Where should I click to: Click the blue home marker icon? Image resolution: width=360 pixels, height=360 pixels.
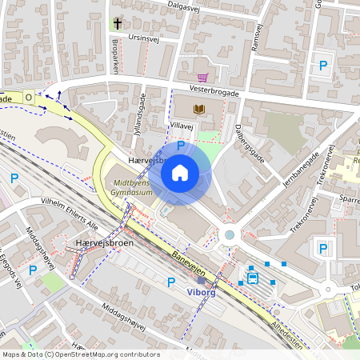coord(180,172)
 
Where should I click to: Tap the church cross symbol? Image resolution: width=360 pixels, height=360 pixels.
coord(117,23)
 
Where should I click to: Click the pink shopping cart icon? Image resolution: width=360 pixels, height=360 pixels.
coord(202,77)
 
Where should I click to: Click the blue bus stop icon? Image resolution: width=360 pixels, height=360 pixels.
coord(253,278)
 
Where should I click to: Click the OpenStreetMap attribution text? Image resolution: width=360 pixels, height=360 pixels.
coord(81,354)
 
